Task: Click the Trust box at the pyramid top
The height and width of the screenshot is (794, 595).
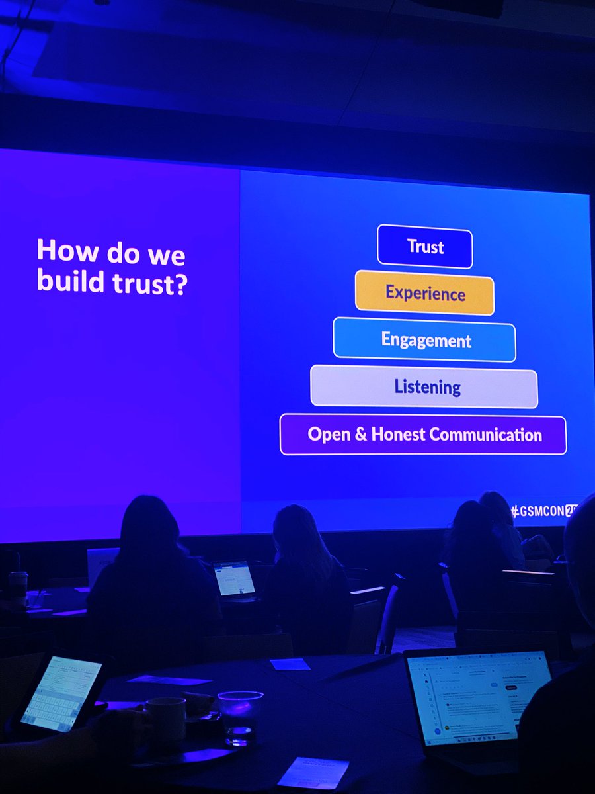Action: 425,247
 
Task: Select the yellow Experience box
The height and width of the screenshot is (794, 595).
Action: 424,292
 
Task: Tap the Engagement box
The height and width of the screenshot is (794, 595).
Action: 424,340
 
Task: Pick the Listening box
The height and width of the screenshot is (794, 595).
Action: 424,386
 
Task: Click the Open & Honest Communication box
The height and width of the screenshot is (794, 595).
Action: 423,435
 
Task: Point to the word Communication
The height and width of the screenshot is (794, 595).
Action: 486,435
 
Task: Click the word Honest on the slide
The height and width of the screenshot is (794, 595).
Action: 397,435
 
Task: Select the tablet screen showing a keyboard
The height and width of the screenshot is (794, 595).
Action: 60,691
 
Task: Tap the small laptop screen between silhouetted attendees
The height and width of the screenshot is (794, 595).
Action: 235,578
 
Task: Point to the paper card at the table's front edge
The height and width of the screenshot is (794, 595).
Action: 313,772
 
